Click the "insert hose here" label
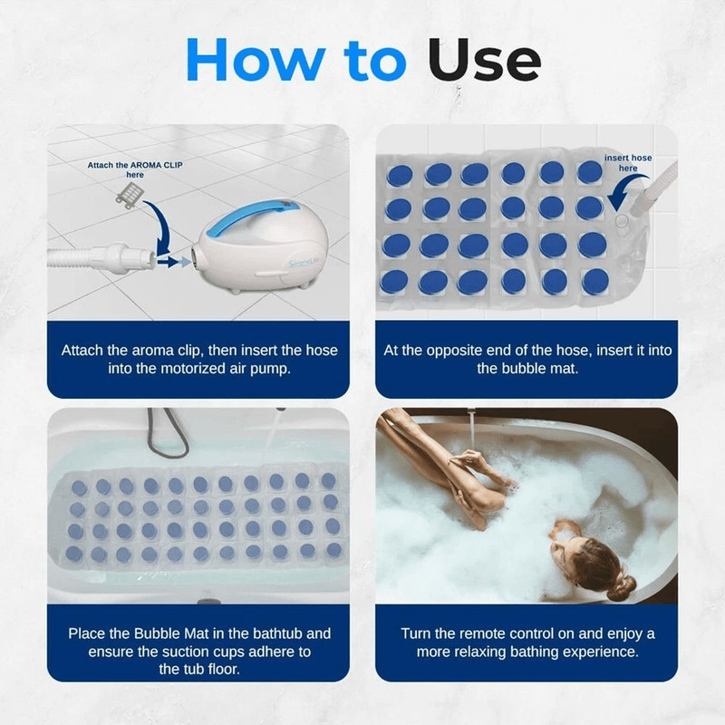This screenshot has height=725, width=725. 628,163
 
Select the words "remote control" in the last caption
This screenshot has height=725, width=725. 525,633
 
